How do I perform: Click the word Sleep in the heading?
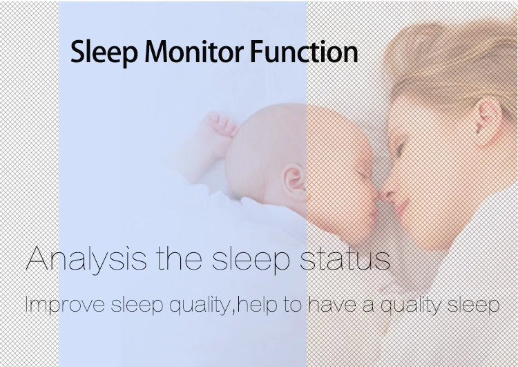coord(104,53)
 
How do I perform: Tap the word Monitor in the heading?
coord(194,51)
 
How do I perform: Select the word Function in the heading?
coord(304,51)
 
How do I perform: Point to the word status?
coord(345,259)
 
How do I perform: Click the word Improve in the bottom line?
coord(65,305)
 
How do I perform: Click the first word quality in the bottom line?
coord(201,305)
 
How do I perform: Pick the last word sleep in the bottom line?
coord(473,305)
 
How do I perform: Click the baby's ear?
coord(296,182)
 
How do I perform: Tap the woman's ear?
coord(488,120)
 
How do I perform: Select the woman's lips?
coord(403,206)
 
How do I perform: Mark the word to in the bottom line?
coord(292,305)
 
